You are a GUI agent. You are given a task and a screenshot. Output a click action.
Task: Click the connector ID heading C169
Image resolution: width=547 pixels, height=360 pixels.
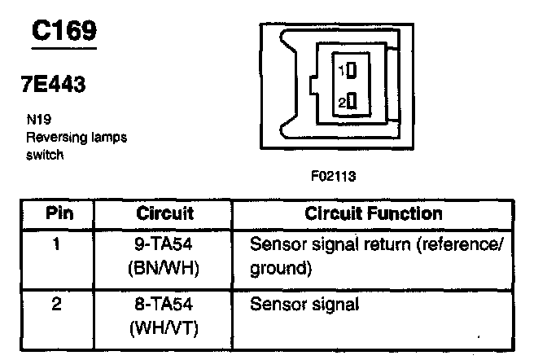[x=64, y=31]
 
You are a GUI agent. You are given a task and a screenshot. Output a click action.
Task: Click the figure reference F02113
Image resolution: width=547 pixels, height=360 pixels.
[x=334, y=174]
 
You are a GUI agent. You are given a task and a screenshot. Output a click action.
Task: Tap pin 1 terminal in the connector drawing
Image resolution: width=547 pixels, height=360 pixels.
[x=352, y=70]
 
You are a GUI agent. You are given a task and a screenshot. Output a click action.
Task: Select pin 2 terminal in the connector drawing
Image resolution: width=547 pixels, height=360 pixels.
[x=352, y=102]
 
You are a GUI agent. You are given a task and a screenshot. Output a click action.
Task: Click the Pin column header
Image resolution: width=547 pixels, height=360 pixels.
[x=58, y=213]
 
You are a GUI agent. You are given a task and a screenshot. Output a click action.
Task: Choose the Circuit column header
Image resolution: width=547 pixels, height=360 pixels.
[x=164, y=213]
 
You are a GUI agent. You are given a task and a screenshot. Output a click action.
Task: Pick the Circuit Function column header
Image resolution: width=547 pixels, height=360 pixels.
[x=374, y=213]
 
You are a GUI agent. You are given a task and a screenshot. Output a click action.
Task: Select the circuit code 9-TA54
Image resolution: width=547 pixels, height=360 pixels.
[x=165, y=244]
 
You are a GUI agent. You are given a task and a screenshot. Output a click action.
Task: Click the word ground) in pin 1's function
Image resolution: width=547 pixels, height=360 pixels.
[x=281, y=266]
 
